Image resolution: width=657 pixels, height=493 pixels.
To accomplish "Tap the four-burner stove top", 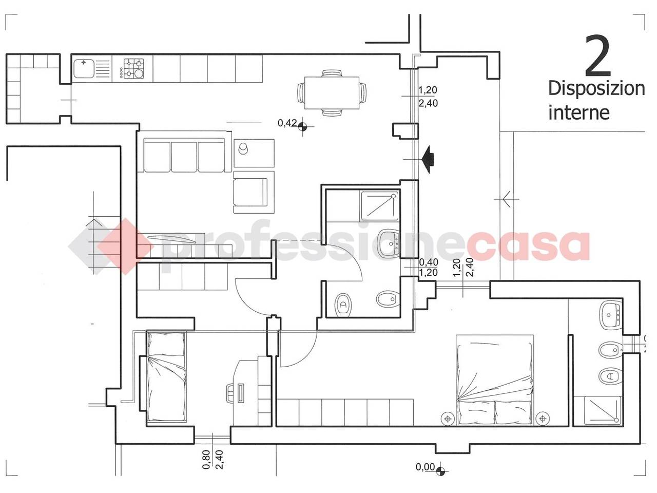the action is click(133, 68).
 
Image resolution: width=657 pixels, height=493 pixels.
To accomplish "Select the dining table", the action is click(332, 93).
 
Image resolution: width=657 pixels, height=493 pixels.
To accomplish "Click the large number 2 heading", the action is click(597, 56).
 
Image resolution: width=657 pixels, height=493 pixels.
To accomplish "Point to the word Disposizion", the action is click(596, 89).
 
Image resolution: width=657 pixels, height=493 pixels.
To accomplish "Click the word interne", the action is click(579, 113).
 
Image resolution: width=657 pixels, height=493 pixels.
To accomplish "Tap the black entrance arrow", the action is click(428, 159).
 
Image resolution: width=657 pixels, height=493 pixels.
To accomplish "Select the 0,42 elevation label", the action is click(287, 123).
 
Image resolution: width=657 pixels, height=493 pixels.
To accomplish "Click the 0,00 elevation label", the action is click(425, 467).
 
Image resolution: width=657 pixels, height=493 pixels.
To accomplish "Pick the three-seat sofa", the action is click(184, 155).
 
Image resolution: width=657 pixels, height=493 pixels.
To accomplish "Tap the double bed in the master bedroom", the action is click(495, 380).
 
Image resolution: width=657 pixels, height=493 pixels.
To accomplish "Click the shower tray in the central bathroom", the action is click(379, 205).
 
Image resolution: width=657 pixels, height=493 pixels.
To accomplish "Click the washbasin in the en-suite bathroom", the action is click(610, 315).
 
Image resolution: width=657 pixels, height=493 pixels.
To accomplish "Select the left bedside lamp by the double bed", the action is click(448, 419).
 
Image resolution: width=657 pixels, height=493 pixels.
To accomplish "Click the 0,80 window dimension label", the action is click(206, 460).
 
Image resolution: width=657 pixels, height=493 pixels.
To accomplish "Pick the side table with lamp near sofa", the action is click(254, 153).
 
